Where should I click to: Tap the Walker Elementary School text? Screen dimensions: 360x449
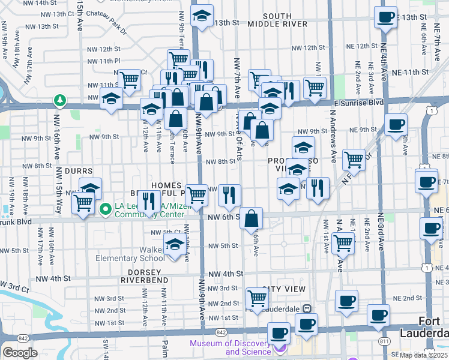pos(130,253)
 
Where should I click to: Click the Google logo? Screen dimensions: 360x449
pos(20,353)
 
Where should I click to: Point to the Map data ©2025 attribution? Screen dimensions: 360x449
pos(423,355)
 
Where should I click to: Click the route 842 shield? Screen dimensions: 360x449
pos(221,332)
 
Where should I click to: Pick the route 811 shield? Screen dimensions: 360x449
pos(382,341)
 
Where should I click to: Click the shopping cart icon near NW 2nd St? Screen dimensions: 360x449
pos(257,298)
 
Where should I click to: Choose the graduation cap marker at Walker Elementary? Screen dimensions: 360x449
pos(175,245)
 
